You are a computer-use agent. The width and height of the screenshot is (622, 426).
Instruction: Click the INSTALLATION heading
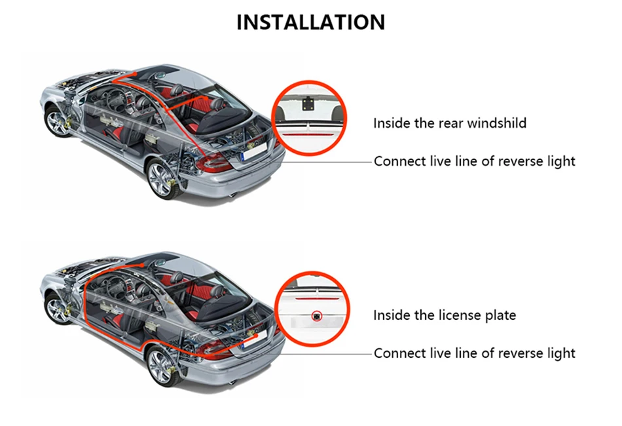(x=310, y=22)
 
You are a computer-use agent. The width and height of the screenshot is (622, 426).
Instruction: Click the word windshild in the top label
(x=496, y=123)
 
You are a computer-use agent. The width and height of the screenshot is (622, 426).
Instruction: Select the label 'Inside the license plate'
(x=445, y=315)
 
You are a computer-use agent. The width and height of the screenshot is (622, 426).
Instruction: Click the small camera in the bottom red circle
(x=316, y=315)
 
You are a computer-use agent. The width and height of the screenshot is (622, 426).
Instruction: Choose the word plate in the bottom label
(x=501, y=315)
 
